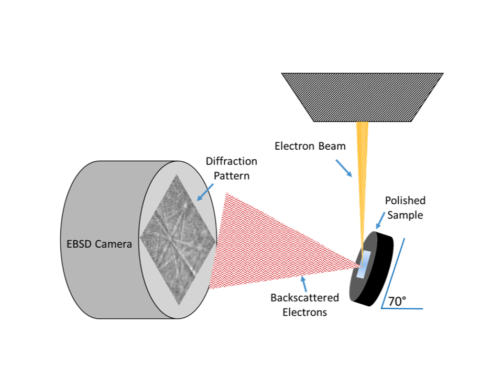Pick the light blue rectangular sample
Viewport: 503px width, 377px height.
point(364,264)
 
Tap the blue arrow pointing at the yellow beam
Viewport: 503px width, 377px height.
point(344,168)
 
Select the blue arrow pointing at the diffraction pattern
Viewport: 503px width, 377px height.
point(205,192)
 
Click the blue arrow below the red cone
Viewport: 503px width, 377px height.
point(303,284)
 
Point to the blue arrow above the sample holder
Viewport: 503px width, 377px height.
point(380,220)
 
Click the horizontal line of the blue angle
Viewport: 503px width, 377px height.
point(402,308)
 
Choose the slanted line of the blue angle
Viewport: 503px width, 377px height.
point(393,272)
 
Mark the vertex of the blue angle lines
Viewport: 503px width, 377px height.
point(382,308)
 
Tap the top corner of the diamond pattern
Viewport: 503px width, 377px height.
point(177,175)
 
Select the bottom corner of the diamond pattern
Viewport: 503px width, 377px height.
point(178,305)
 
